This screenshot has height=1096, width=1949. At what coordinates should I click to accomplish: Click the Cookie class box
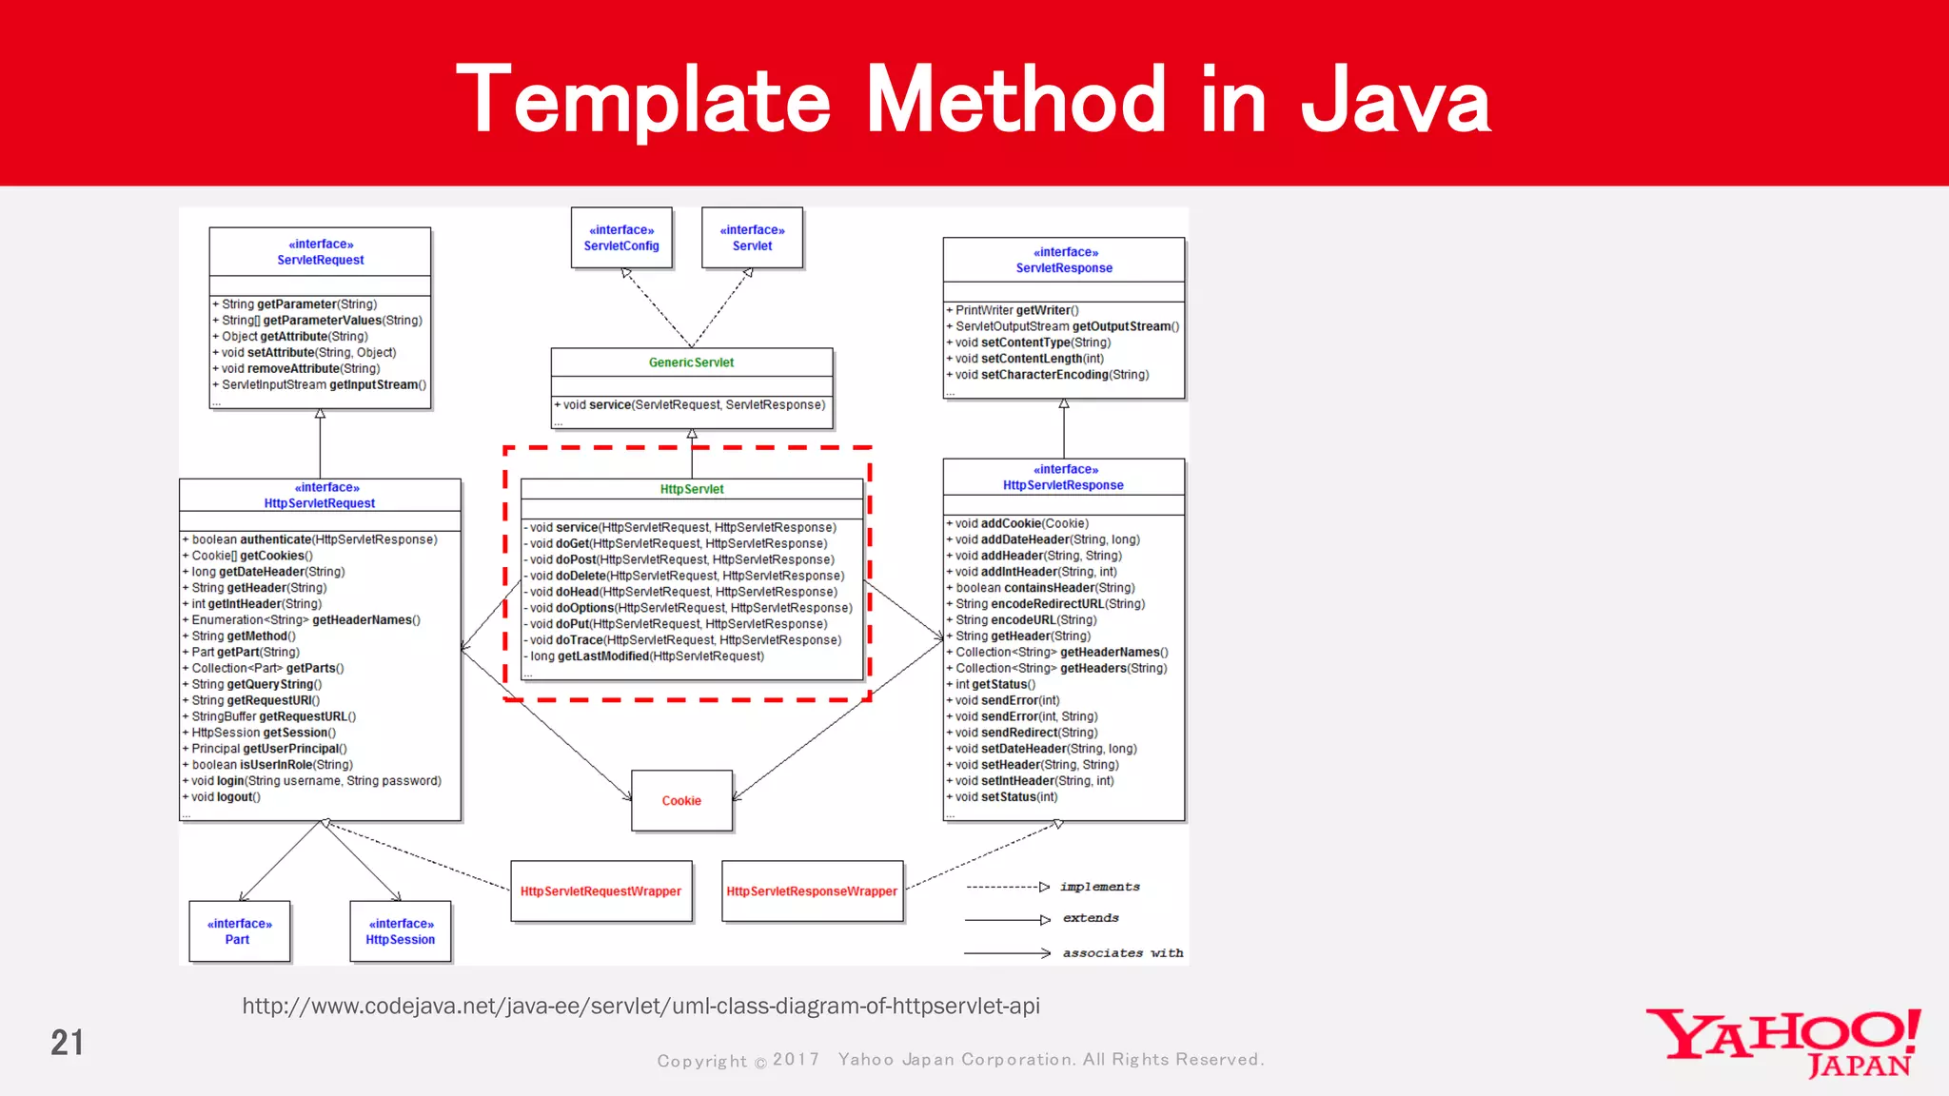[x=681, y=800]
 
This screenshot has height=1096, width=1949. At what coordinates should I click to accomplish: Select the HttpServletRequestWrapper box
[x=600, y=891]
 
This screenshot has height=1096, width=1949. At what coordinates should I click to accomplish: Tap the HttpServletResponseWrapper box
[x=812, y=891]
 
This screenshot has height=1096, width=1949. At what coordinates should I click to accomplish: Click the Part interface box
[x=239, y=931]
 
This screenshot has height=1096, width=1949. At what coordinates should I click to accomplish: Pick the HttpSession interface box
[x=401, y=931]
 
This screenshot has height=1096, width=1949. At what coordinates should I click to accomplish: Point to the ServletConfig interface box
[x=621, y=238]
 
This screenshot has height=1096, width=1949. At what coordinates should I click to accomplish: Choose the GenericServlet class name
[x=691, y=362]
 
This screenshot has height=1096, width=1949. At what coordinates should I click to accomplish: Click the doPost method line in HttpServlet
[x=681, y=559]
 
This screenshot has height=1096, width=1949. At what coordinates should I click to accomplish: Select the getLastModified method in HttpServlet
[x=647, y=656]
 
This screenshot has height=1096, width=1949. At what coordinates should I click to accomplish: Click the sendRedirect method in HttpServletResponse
[x=1026, y=733]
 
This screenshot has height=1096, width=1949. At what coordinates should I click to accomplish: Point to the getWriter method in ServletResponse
[x=1016, y=310]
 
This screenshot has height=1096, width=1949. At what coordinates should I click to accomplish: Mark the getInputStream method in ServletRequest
[x=324, y=385]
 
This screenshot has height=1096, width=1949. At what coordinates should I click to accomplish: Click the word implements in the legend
[x=1099, y=887]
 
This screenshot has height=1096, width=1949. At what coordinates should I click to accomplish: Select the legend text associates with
[x=1122, y=952]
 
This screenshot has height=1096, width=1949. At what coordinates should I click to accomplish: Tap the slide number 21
[x=67, y=1043]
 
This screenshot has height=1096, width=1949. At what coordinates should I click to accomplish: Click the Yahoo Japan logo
[x=1783, y=1043]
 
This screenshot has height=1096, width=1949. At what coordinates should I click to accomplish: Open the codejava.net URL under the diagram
[x=640, y=1006]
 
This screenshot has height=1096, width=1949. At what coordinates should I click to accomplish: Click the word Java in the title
[x=1395, y=101]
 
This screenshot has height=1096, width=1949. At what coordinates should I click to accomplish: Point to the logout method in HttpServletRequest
[x=226, y=797]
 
